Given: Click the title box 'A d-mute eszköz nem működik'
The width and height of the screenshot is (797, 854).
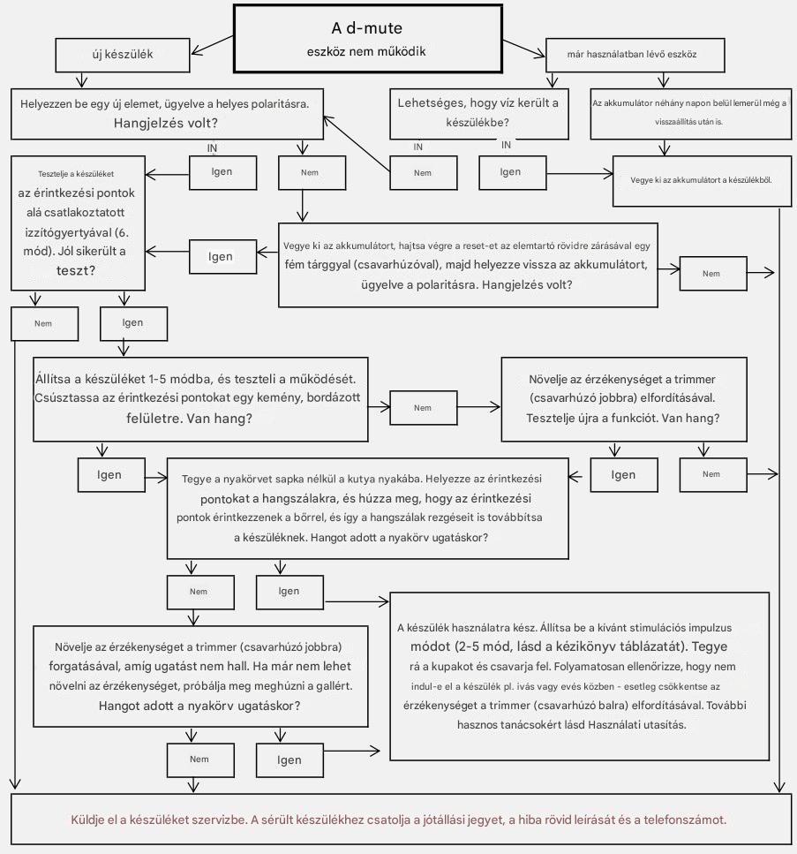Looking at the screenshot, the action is click(x=368, y=39).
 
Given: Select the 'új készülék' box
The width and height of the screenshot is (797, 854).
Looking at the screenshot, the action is click(x=123, y=55).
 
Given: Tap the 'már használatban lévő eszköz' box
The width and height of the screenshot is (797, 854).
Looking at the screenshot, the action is click(x=635, y=55).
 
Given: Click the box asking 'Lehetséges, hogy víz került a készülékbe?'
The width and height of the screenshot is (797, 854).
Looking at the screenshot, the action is click(x=479, y=114).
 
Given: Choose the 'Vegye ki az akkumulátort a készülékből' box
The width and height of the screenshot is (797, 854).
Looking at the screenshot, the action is click(x=703, y=181).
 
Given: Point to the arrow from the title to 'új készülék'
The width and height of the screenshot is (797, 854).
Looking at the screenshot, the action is click(x=213, y=45).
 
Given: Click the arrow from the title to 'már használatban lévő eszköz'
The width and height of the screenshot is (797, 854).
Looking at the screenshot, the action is click(x=523, y=48).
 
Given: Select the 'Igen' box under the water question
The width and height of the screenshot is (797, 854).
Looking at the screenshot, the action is click(x=512, y=172).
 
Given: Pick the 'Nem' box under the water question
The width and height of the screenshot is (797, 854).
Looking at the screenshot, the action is click(x=423, y=173).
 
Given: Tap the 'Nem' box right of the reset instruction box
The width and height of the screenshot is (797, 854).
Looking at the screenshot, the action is click(x=713, y=274).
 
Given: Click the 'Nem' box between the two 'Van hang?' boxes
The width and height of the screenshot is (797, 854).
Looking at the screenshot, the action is click(x=423, y=407).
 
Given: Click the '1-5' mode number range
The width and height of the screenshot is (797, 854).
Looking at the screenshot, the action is click(x=158, y=379).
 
